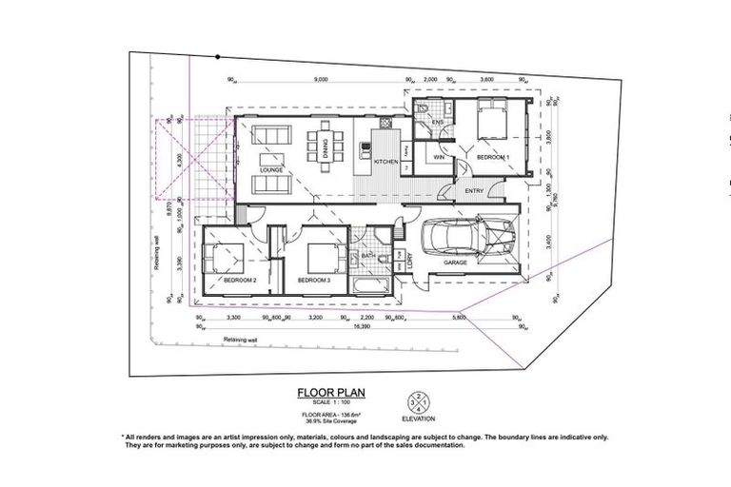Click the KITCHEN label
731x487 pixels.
[385, 163]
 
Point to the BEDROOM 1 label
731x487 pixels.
[493, 156]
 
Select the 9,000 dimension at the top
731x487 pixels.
[319, 80]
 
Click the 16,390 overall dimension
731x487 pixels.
[360, 326]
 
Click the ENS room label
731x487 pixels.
[440, 123]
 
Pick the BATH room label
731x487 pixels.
[366, 256]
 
